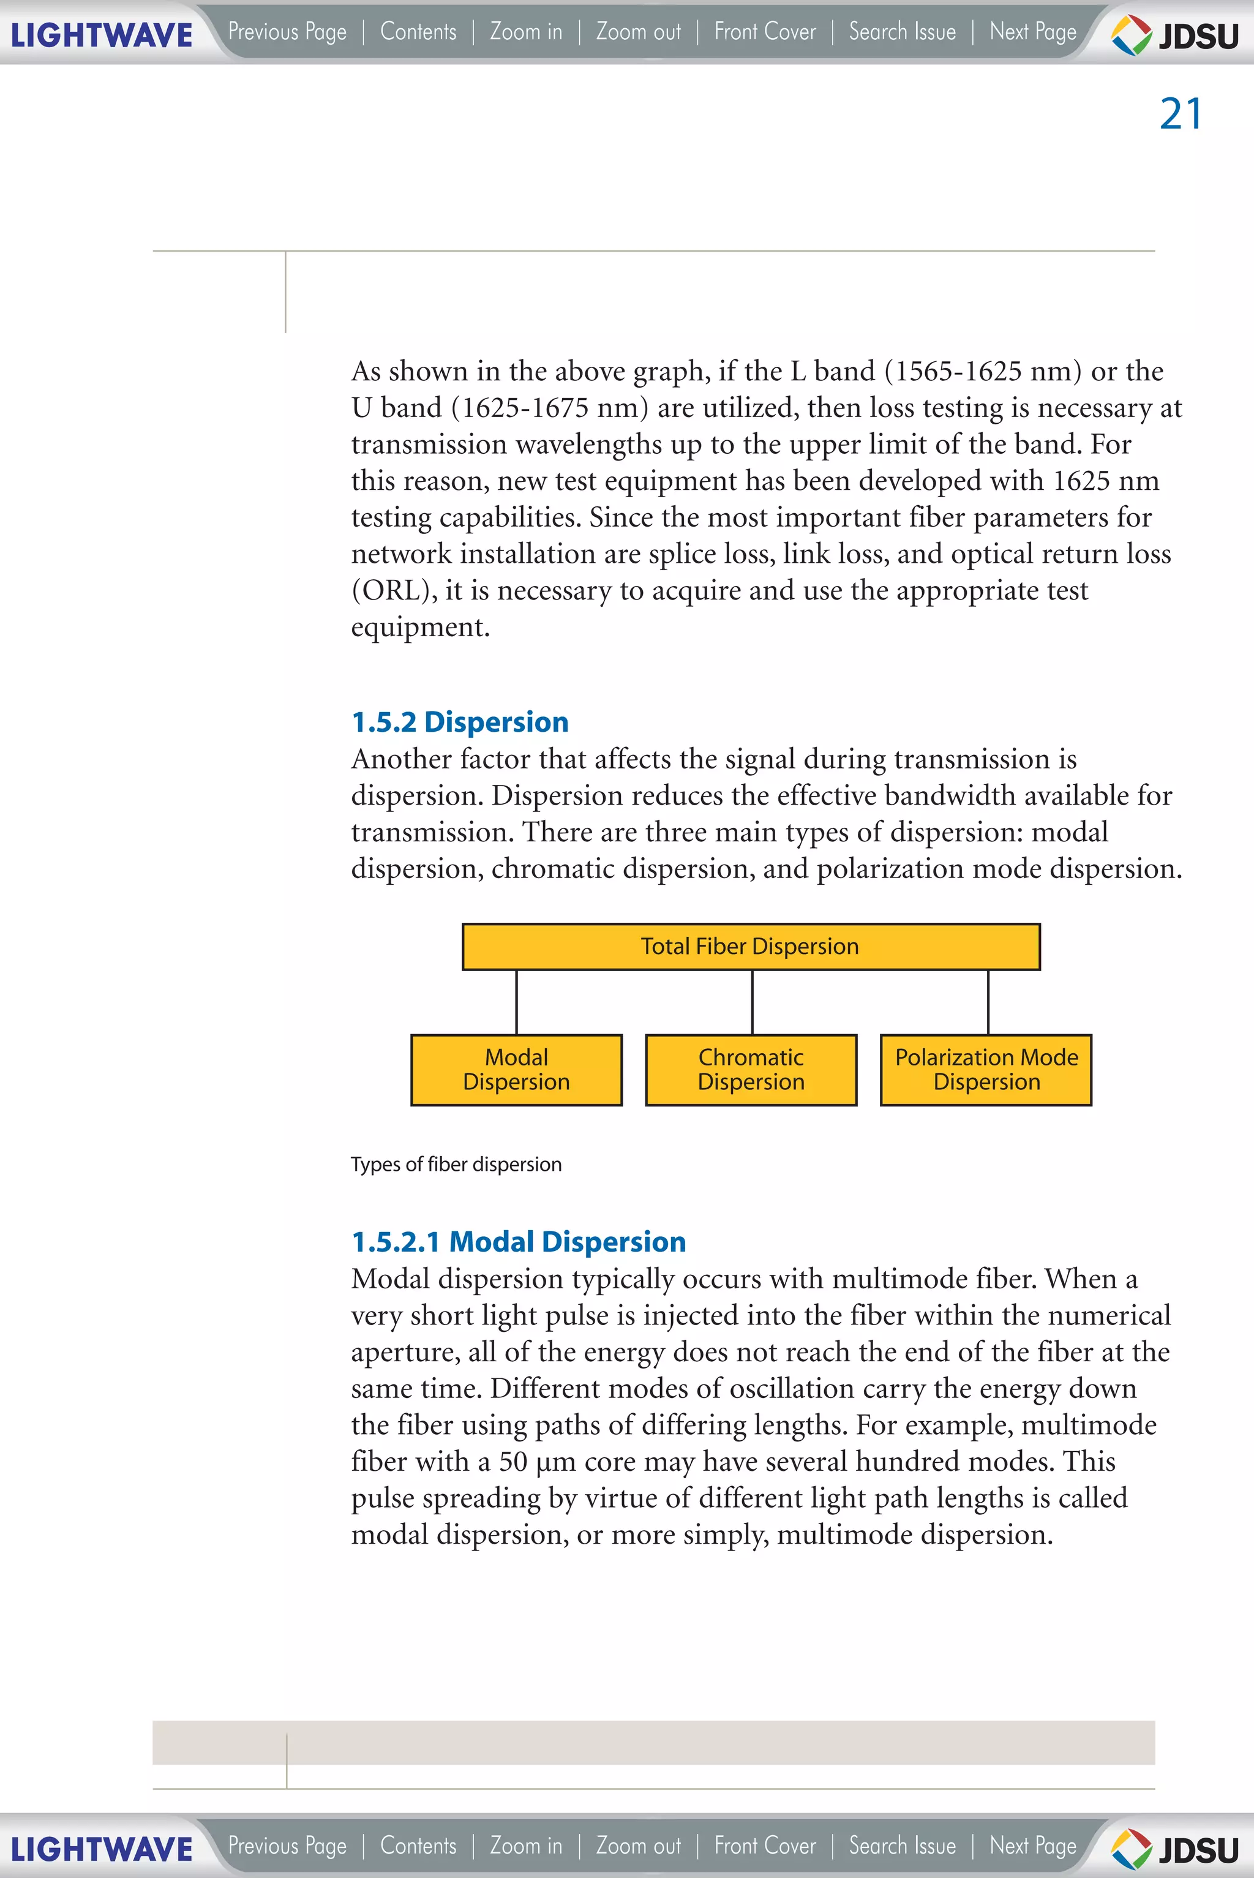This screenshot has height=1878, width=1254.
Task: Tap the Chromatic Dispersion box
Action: click(x=751, y=1070)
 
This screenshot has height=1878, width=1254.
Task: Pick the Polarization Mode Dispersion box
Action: click(x=985, y=1070)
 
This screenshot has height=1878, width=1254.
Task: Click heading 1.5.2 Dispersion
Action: click(x=460, y=723)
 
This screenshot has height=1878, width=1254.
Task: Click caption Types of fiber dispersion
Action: click(x=456, y=1165)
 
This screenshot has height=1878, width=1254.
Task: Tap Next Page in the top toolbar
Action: click(x=1032, y=32)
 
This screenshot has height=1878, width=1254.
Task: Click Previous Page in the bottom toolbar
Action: click(x=287, y=1846)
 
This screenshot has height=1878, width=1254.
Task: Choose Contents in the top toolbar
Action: click(x=418, y=32)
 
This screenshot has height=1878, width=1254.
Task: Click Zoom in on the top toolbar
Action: click(x=526, y=32)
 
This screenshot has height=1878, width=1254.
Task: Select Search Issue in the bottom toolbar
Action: click(x=902, y=1846)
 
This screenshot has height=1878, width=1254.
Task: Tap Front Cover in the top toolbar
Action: click(x=765, y=32)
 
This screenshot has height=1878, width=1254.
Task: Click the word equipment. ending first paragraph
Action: click(x=420, y=628)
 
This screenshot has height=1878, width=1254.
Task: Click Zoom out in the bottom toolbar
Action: click(x=638, y=1846)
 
